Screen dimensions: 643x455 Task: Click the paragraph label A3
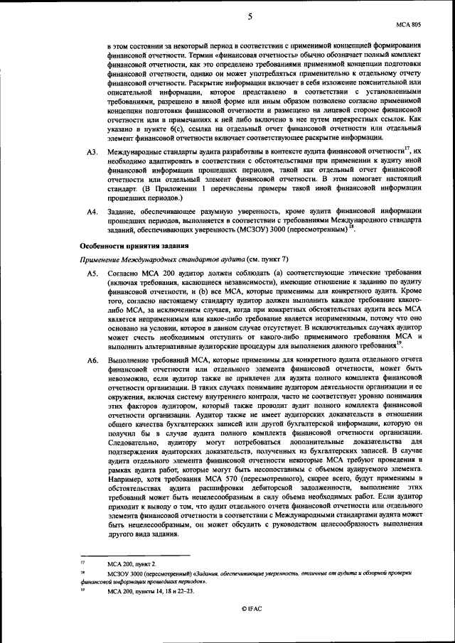(x=91, y=153)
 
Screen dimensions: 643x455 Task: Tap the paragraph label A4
(x=91, y=212)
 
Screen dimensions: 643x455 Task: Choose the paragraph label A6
(x=91, y=362)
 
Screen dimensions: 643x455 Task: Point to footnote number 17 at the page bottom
(x=82, y=562)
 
